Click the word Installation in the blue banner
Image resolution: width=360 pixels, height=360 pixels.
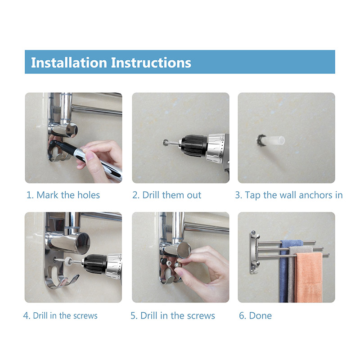point(69,63)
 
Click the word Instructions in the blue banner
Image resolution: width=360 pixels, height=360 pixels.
point(151,63)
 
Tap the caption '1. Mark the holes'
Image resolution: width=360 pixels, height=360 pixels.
point(63,195)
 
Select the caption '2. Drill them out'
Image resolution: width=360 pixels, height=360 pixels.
point(166,195)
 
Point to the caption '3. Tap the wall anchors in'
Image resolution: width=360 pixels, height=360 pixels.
point(289,195)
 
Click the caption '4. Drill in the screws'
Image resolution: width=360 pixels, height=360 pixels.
point(60,316)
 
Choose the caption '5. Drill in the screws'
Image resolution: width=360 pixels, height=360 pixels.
point(173,316)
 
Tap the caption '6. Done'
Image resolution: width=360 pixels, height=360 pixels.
point(255,316)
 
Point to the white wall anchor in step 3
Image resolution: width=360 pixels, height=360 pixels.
point(272,140)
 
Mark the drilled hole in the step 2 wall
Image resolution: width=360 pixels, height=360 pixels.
point(166,143)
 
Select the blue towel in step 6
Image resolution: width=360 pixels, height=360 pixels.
point(287,271)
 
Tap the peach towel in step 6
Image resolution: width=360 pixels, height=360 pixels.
point(308,278)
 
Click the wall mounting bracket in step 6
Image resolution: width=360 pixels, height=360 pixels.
point(254,252)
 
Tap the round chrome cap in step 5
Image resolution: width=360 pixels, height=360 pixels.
point(184,250)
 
